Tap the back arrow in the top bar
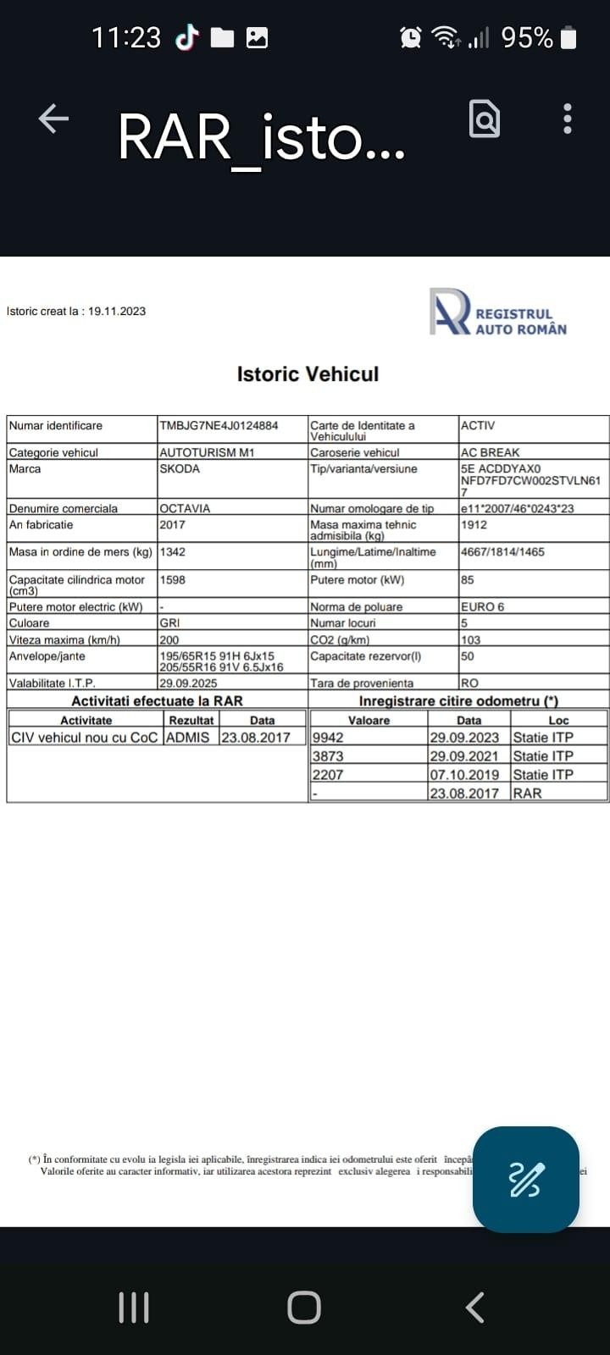pyautogui.click(x=53, y=119)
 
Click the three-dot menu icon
pyautogui.click(x=567, y=119)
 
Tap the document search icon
pyautogui.click(x=485, y=119)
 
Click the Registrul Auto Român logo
pyautogui.click(x=498, y=313)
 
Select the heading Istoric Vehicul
pyautogui.click(x=308, y=374)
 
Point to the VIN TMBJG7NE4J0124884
pyautogui.click(x=219, y=426)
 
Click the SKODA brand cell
pyautogui.click(x=180, y=469)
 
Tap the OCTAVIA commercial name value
pyautogui.click(x=185, y=509)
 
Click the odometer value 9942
pyautogui.click(x=329, y=738)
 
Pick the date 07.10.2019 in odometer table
pyautogui.click(x=464, y=775)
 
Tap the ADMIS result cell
pyautogui.click(x=188, y=738)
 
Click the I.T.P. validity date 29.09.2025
pyautogui.click(x=188, y=683)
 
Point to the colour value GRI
pyautogui.click(x=169, y=623)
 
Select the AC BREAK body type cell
pyautogui.click(x=490, y=453)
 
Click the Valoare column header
pyautogui.click(x=369, y=721)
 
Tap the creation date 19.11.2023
pyautogui.click(x=117, y=312)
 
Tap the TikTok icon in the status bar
pyautogui.click(x=186, y=37)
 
